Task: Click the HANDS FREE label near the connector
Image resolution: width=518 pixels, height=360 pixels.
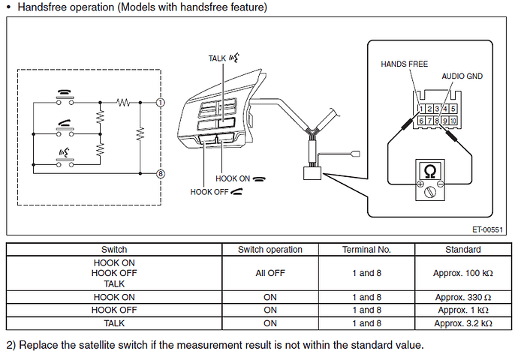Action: coord(404,65)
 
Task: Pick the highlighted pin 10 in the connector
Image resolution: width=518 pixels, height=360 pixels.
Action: coord(453,120)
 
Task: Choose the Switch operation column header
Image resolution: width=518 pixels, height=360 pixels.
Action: coord(270,250)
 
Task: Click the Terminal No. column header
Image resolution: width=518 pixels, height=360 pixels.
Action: coord(366,250)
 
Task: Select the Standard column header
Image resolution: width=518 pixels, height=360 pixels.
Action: coord(462,250)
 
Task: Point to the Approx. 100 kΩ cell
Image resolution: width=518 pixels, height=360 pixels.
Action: coord(462,274)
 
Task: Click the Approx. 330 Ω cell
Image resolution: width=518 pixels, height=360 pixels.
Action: coord(462,298)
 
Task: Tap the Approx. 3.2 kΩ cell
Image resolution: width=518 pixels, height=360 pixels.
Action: coord(462,323)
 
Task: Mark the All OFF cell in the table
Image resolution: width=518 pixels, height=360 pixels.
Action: coord(270,274)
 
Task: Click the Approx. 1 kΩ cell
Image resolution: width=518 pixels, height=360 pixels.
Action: coord(462,310)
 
